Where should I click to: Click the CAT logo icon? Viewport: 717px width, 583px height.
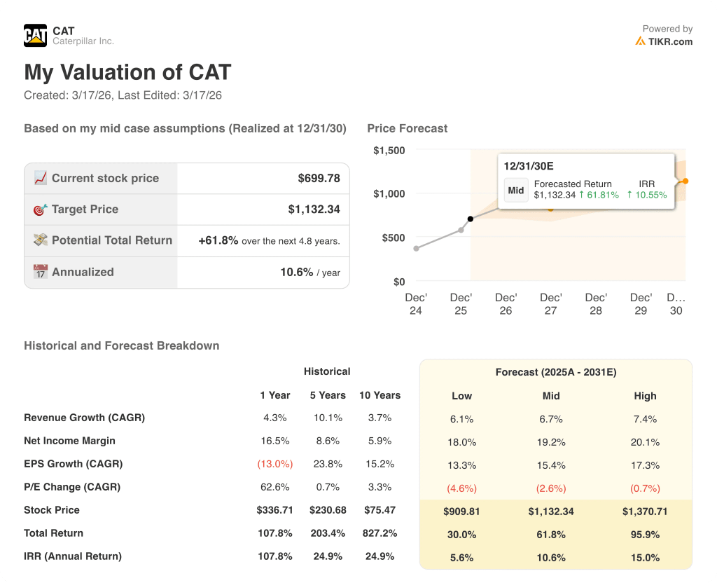point(35,35)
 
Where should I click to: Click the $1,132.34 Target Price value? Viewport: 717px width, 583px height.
point(314,209)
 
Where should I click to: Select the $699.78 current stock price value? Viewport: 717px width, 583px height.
point(319,178)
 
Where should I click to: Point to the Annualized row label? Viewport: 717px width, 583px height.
point(82,272)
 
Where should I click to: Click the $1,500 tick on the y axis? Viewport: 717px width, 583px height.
point(389,150)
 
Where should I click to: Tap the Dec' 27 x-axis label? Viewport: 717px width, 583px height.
point(551,303)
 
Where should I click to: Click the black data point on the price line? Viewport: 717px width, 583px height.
point(470,219)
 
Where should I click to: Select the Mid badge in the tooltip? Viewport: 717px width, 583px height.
point(516,190)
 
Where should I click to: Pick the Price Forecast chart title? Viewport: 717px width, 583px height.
point(407,128)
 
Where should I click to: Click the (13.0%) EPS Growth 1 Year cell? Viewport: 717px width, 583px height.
point(275,464)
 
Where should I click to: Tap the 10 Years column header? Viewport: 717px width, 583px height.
point(380,395)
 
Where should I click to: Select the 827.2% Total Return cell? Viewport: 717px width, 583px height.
point(380,533)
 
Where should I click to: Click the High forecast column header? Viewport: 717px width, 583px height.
point(645,396)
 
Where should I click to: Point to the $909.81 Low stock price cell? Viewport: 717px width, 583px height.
point(461,512)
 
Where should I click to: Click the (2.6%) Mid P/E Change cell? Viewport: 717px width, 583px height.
point(551,488)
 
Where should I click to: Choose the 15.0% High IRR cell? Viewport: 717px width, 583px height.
point(645,558)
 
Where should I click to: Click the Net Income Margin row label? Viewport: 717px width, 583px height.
point(69,441)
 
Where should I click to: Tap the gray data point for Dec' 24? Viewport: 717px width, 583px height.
point(417,248)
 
